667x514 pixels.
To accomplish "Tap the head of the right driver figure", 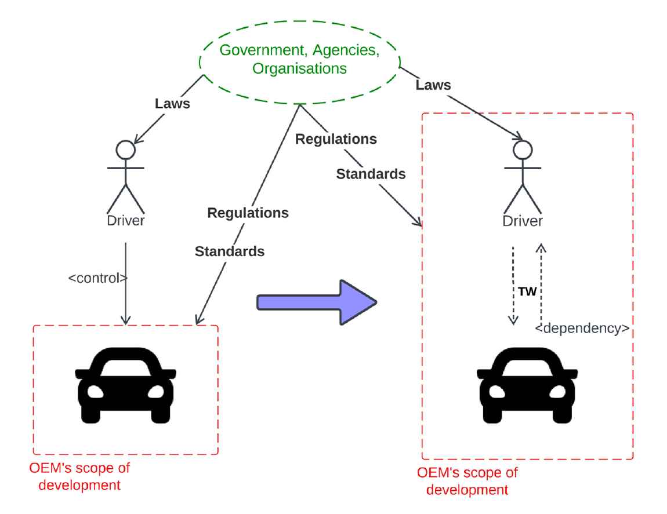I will click(522, 151).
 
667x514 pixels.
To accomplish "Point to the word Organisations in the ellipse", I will click(299, 68).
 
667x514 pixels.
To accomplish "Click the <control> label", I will click(97, 278).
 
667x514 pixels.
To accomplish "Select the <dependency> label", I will click(582, 328).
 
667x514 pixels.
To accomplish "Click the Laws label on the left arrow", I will click(172, 104).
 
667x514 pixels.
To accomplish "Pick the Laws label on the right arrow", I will click(433, 86).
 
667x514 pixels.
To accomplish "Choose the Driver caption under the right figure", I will click(523, 221).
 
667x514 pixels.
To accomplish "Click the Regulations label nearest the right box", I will click(336, 139).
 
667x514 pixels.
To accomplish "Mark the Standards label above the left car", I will click(230, 251).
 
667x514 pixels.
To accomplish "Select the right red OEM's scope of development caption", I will click(467, 481).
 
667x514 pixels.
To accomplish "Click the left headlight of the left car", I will click(96, 392).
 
